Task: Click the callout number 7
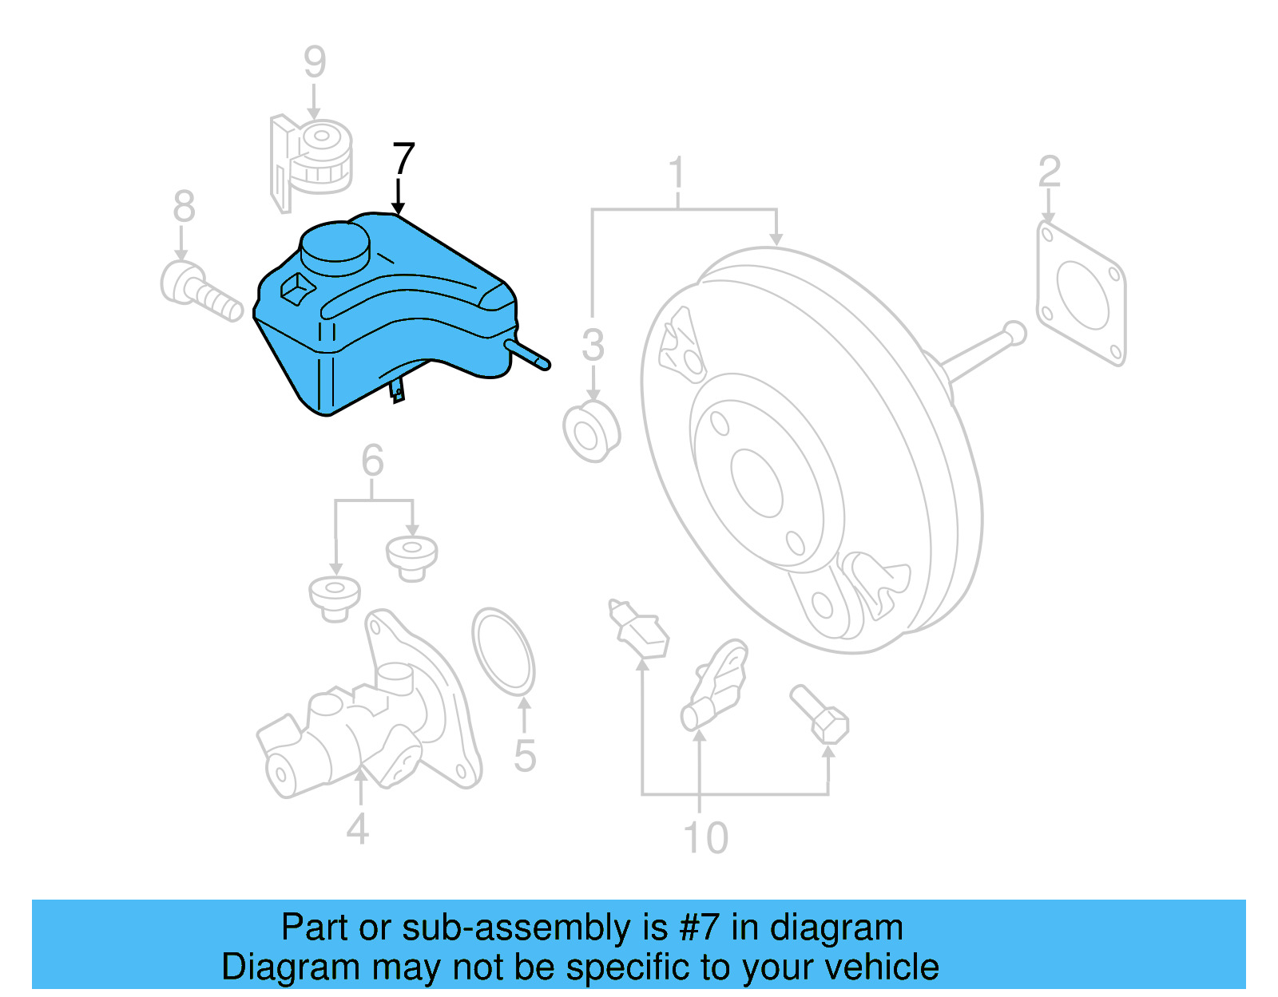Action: (403, 159)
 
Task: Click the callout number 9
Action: (315, 61)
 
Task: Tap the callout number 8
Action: (184, 207)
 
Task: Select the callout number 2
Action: (1049, 172)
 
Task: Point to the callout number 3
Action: (593, 345)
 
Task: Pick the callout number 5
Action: (524, 755)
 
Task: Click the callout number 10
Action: (705, 837)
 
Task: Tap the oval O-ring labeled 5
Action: (503, 651)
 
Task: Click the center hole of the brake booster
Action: (756, 483)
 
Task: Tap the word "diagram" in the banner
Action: (836, 928)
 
